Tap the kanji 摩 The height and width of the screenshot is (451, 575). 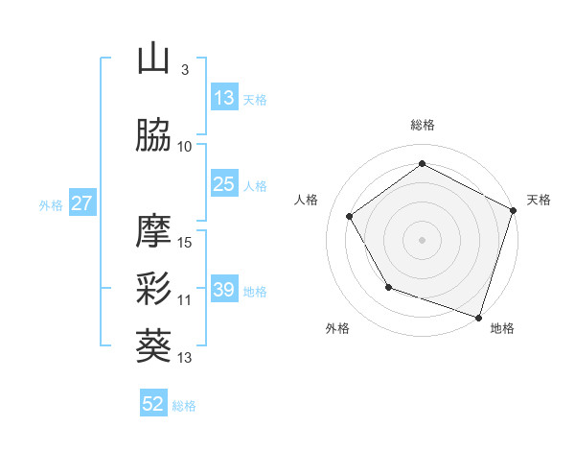[x=153, y=231]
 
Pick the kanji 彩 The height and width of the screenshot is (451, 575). [x=153, y=289]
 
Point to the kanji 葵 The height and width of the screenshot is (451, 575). [x=153, y=346]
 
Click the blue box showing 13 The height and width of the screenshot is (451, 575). [x=223, y=98]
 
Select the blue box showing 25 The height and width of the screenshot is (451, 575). [x=223, y=184]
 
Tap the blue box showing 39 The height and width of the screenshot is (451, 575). [x=223, y=290]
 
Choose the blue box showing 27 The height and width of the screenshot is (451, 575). [x=81, y=203]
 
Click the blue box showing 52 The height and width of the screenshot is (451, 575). [x=153, y=404]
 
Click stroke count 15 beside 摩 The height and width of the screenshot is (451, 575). [x=186, y=242]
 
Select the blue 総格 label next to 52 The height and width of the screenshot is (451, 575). [x=184, y=406]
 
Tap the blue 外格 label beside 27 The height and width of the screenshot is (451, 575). [x=51, y=204]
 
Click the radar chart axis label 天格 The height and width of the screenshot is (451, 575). [x=539, y=200]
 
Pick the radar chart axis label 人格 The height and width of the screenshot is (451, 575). [x=307, y=200]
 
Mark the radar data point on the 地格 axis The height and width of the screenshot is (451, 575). [x=478, y=316]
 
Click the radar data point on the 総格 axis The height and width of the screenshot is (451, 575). [x=422, y=163]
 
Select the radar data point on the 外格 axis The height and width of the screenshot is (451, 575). [x=388, y=286]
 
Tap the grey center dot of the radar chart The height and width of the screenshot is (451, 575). [x=422, y=239]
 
